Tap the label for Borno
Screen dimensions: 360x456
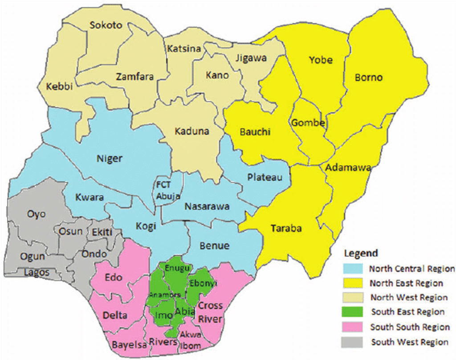(369, 78)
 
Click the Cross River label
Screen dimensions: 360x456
(211, 312)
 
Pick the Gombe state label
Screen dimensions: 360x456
(308, 123)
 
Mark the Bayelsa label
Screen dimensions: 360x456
(123, 344)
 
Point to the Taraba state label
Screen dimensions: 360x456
(286, 229)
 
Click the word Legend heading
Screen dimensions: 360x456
(361, 254)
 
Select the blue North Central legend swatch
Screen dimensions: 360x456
(354, 269)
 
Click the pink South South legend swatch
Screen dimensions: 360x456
(354, 327)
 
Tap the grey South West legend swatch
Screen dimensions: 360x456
(354, 342)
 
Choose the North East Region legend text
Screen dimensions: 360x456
(407, 283)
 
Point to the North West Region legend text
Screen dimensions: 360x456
(409, 298)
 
